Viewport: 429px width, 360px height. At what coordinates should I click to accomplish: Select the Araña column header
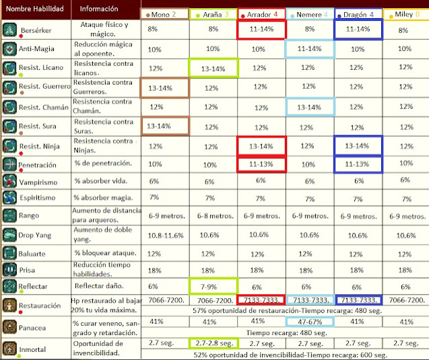click(213, 13)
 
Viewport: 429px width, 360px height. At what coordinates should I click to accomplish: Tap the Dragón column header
click(358, 13)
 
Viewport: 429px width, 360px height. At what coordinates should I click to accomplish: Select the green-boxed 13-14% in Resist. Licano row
click(213, 69)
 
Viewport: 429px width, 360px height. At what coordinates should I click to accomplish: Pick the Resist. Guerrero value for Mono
click(164, 88)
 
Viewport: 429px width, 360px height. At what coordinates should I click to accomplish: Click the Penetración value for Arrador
click(261, 164)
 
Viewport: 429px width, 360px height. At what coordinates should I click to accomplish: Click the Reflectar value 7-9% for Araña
click(213, 287)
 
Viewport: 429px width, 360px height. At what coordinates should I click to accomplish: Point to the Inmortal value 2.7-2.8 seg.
click(213, 344)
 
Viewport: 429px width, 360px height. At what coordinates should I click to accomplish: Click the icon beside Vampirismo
click(10, 182)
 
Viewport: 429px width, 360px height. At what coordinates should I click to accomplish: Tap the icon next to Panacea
click(10, 327)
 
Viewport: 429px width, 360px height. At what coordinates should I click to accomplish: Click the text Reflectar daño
click(96, 287)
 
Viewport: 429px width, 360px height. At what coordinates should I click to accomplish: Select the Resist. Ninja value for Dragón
click(358, 145)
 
